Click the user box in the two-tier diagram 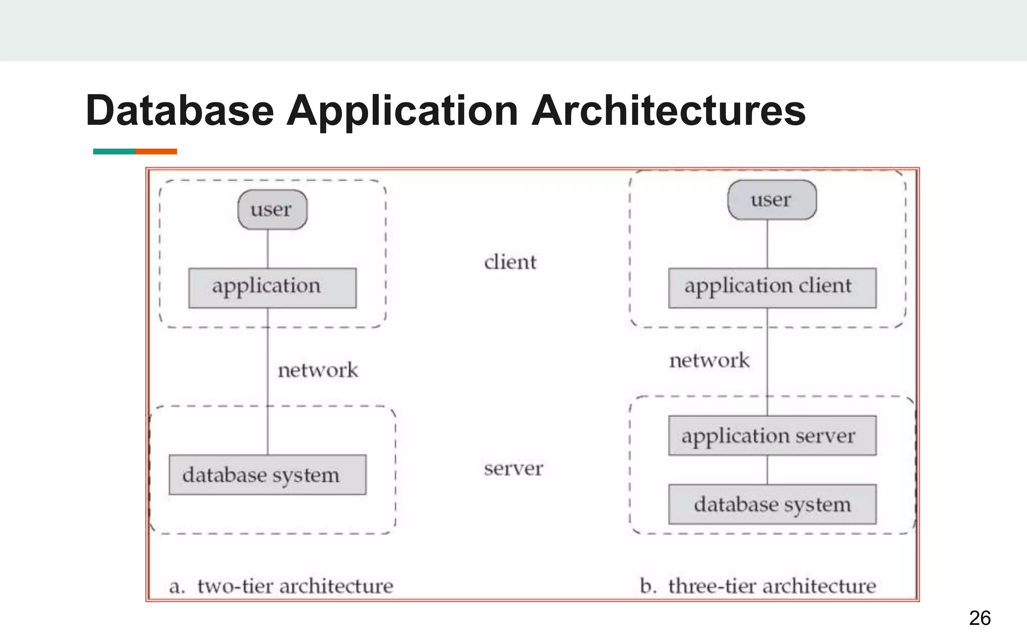[272, 210]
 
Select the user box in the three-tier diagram [772, 200]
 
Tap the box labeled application [272, 287]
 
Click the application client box [772, 287]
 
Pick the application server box [772, 435]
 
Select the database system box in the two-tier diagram [267, 474]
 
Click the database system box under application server [772, 504]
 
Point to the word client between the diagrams [510, 262]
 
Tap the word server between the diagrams [513, 468]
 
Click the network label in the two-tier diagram [318, 370]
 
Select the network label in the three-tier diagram [709, 360]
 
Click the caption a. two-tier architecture [281, 586]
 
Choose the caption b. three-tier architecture [758, 586]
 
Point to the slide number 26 [979, 618]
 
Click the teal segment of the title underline [114, 151]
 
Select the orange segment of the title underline [156, 151]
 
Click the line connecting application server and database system [767, 470]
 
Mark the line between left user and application [267, 249]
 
